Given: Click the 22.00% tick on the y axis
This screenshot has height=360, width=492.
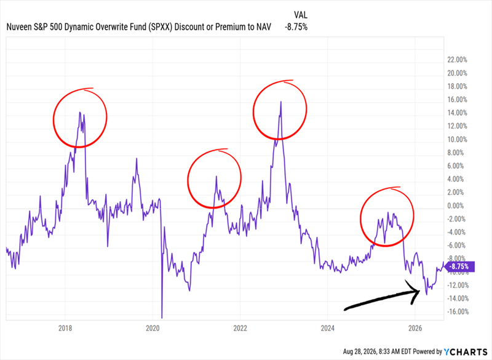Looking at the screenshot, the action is click(x=457, y=60).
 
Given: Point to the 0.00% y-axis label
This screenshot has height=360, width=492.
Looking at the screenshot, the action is click(x=455, y=206).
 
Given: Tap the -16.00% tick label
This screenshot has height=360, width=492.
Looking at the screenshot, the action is click(x=457, y=311).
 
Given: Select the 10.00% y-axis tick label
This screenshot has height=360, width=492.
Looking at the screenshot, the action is click(x=457, y=139).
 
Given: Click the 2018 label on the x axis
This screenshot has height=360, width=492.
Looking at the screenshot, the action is click(x=65, y=328).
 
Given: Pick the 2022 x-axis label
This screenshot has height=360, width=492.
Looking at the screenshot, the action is click(x=240, y=328).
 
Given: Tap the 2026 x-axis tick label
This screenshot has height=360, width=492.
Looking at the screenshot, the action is click(x=415, y=328).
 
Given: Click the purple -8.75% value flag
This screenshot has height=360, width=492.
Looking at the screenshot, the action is click(x=459, y=266).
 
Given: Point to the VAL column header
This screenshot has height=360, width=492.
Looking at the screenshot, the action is click(x=300, y=15).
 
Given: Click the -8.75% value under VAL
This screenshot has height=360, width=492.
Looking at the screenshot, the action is click(x=296, y=27).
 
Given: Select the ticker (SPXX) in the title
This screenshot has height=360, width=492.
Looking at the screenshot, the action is click(x=160, y=27).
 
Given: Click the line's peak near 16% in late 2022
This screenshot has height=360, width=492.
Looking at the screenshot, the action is click(x=281, y=102).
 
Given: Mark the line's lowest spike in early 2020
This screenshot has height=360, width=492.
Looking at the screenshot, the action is click(x=162, y=318).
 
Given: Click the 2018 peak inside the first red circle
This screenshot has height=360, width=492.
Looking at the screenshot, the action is click(x=80, y=113).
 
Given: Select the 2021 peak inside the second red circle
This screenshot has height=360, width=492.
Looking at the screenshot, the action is click(x=216, y=177).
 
